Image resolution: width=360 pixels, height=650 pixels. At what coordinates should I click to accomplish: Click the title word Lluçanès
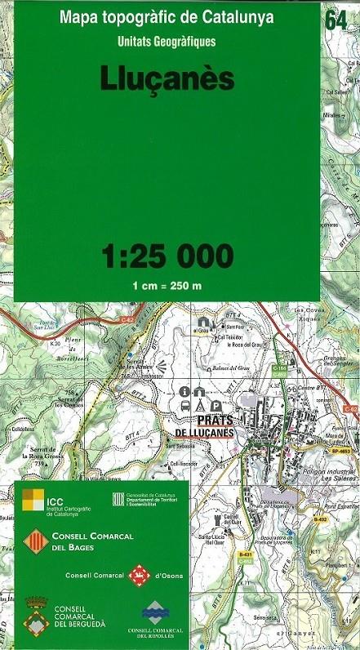167,78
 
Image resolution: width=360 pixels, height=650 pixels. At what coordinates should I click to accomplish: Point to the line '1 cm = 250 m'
167,286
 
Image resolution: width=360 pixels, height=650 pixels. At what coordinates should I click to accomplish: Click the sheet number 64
335,20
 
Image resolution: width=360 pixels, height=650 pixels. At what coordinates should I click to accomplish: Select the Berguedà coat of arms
33,613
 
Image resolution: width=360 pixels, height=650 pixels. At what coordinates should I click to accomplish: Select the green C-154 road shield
279,370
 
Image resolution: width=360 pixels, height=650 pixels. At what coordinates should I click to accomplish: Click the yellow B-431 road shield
244,554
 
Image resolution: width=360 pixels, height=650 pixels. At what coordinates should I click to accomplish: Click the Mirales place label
333,117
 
